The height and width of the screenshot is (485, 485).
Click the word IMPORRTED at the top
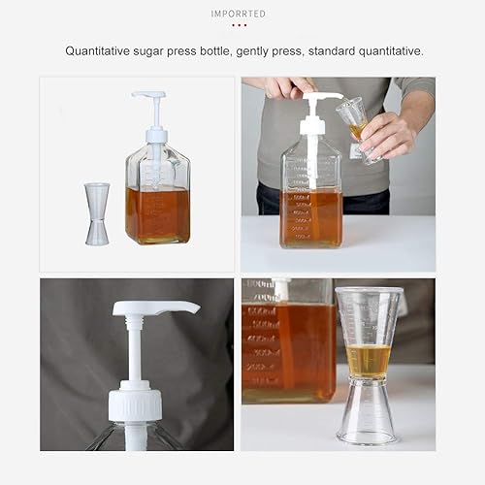coord(239,14)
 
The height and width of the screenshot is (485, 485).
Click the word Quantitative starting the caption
coord(102,50)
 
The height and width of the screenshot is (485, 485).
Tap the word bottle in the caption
coord(226,50)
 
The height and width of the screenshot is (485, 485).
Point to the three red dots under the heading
coord(239,25)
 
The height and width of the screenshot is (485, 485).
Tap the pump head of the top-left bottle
coord(150,96)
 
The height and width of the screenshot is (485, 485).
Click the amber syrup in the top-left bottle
coord(157,215)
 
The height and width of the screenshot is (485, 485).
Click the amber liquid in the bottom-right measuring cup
coord(368,360)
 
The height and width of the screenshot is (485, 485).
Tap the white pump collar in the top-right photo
coord(311,125)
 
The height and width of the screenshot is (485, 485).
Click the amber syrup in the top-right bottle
coord(311,217)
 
